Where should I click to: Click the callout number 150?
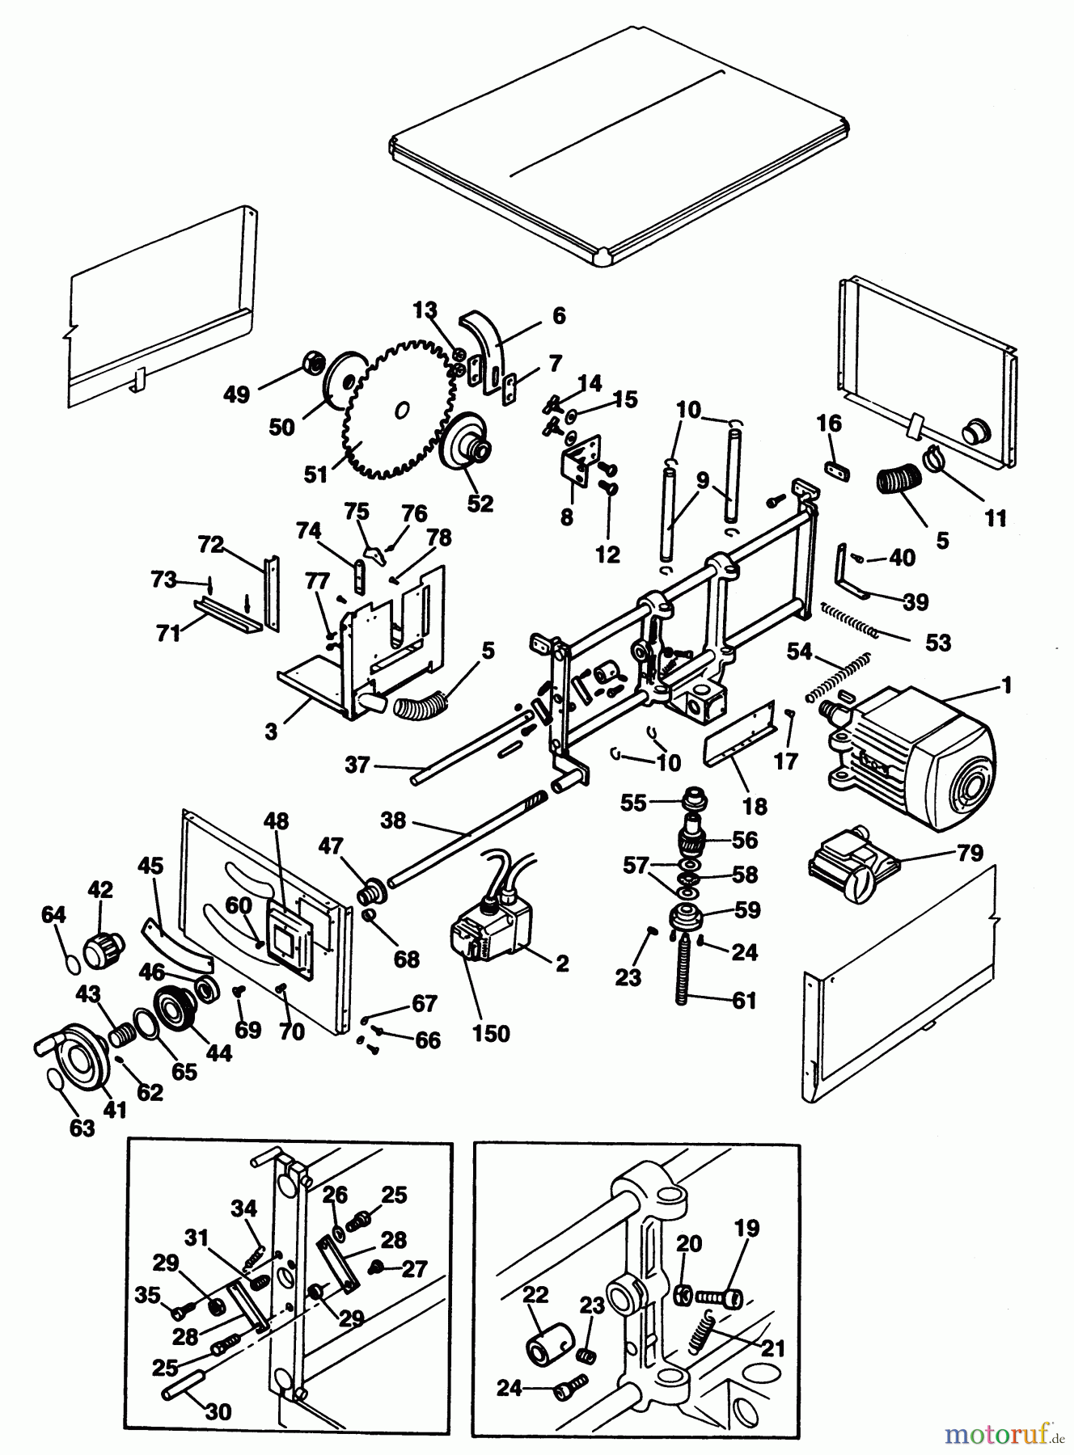click(x=491, y=1033)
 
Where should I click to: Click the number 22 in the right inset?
click(x=535, y=1294)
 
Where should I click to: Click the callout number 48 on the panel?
click(x=275, y=820)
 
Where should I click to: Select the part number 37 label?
click(x=357, y=764)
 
